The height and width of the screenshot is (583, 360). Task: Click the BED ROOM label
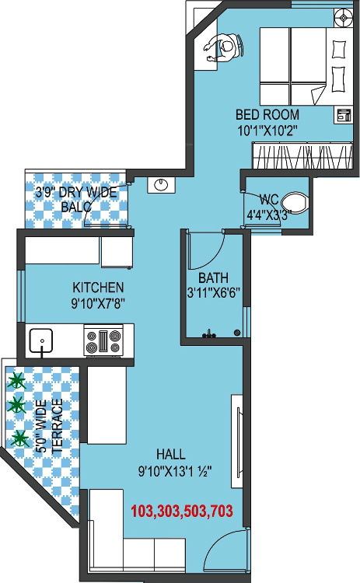click(x=267, y=114)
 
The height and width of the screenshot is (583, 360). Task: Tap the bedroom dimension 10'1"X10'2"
click(x=267, y=129)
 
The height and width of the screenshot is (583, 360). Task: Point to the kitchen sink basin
click(x=40, y=340)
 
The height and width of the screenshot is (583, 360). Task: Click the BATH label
click(x=212, y=278)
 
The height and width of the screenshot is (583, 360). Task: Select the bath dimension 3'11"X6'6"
click(x=214, y=293)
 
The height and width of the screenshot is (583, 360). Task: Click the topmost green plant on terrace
click(x=16, y=381)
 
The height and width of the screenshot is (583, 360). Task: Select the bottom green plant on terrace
click(x=19, y=438)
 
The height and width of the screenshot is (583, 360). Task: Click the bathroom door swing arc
click(x=208, y=247)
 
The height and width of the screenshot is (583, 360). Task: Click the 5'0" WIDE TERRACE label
click(x=50, y=426)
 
